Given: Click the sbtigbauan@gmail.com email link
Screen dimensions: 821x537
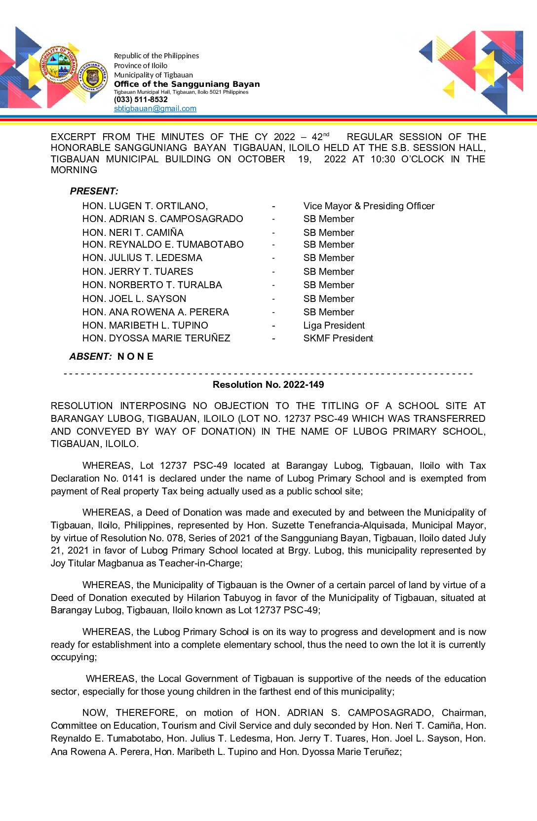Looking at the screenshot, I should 155,109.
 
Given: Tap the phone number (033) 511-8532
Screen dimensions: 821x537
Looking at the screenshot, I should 141,100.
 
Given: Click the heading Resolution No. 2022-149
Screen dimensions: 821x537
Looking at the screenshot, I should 268,385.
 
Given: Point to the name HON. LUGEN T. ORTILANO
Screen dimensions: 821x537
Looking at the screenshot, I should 145,206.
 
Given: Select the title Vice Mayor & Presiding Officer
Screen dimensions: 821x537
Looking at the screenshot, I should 369,206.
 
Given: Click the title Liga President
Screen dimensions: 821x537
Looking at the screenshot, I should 334,326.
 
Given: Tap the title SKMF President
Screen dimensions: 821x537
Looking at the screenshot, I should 338,338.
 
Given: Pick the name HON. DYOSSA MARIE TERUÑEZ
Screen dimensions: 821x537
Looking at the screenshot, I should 156,338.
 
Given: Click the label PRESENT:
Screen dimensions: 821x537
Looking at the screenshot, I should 94,191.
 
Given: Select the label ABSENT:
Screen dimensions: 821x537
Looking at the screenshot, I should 90,357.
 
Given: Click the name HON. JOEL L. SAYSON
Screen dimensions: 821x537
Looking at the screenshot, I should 134,299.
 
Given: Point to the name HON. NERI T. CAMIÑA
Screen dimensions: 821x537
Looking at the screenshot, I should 133,233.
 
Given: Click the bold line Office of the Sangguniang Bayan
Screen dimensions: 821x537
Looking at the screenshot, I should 187,84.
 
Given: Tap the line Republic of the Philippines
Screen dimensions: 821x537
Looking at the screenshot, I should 156,56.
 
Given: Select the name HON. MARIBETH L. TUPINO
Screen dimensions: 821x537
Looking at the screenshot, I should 145,326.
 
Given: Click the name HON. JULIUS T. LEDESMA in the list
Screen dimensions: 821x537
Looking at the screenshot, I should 142,258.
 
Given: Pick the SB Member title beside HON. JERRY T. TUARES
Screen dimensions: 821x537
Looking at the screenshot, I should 329,272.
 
